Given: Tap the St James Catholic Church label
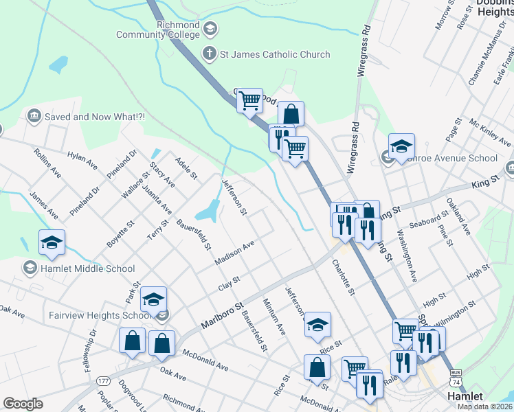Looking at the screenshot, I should click(275, 54).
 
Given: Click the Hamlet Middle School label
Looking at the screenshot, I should click(88, 268).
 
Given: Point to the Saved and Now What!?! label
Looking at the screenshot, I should click(95, 117).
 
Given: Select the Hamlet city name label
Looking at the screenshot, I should click(465, 396).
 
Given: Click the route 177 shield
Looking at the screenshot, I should click(104, 380).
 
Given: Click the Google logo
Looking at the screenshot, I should click(23, 404).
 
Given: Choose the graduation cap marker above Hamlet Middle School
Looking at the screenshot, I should click(52, 242).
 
